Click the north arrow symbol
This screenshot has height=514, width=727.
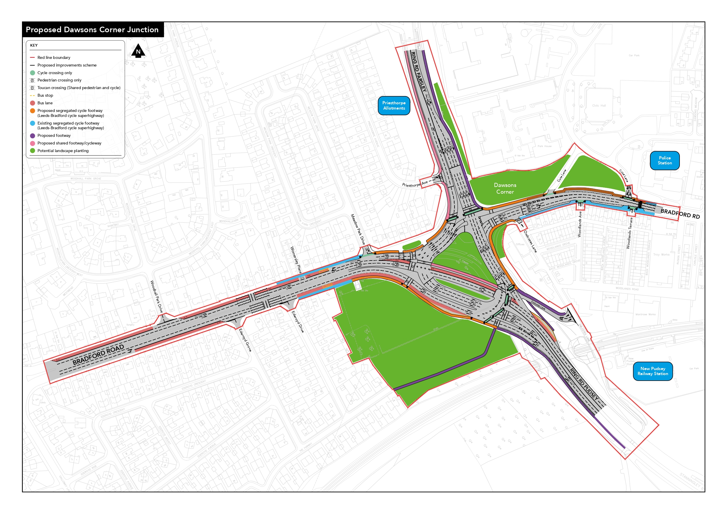(x=138, y=51)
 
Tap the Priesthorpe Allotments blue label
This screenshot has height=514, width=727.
(x=394, y=105)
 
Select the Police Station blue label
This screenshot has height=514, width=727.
(x=664, y=160)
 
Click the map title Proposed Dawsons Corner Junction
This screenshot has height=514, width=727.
(x=92, y=30)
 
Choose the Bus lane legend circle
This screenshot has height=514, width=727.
(x=32, y=103)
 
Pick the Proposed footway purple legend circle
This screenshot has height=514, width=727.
(x=32, y=136)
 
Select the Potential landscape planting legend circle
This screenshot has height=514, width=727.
(x=32, y=151)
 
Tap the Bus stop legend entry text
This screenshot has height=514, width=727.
(x=45, y=95)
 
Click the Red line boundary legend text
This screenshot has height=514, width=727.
(x=54, y=58)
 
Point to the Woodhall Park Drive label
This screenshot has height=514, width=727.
(x=156, y=297)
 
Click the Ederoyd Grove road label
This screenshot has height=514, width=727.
(x=245, y=340)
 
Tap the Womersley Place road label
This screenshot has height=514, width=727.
(x=296, y=260)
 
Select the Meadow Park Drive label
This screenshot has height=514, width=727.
(x=358, y=229)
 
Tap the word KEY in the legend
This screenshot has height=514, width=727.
(x=34, y=45)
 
